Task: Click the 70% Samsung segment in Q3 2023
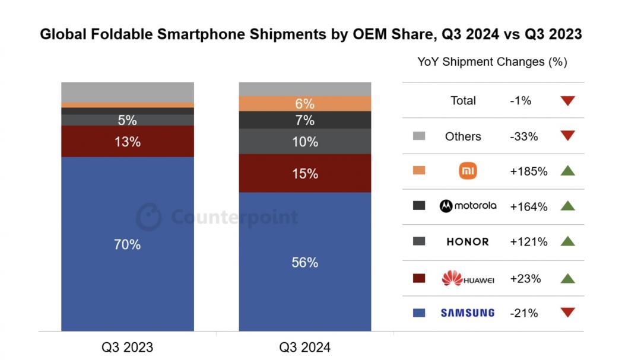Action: pos(127,244)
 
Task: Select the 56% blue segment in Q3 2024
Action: pos(304,262)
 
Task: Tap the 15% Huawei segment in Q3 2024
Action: pos(304,173)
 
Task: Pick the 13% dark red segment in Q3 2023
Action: pos(127,141)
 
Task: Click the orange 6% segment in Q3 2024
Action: pos(304,104)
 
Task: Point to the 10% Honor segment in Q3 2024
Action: pos(304,142)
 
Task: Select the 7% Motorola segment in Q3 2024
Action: pos(304,120)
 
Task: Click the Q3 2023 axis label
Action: pos(127,347)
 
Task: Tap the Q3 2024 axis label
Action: pos(304,347)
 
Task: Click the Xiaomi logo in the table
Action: pos(468,171)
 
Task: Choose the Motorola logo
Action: pos(468,206)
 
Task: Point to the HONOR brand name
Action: pos(468,242)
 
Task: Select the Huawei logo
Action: pos(468,278)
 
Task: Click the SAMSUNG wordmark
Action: pos(468,313)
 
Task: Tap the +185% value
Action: pos(528,171)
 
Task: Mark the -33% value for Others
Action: pos(523,136)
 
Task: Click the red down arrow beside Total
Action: pos(567,101)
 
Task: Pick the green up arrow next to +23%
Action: pos(567,278)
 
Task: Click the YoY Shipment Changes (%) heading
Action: pos(492,62)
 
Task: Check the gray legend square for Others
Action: pos(419,136)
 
